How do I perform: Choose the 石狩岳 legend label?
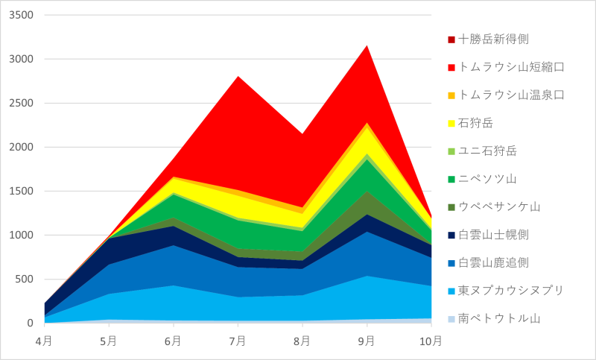477,123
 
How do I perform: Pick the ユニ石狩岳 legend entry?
488,151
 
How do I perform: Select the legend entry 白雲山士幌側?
493,235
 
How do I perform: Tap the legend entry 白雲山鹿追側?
493,262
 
